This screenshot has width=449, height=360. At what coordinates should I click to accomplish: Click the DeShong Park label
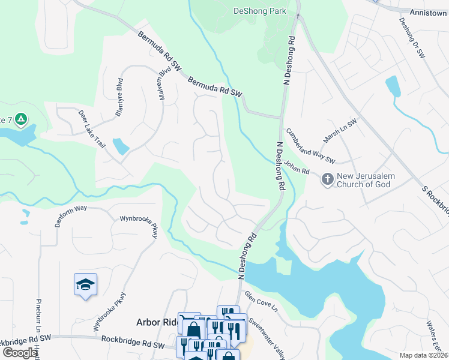click(260, 11)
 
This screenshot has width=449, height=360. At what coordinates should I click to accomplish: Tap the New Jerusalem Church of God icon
click(327, 178)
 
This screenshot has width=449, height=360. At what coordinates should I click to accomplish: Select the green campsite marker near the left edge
click(21, 119)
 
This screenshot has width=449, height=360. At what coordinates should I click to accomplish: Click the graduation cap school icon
click(85, 283)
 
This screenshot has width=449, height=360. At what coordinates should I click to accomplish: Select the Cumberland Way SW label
click(310, 146)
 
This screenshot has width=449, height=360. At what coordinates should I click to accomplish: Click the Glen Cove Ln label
click(261, 301)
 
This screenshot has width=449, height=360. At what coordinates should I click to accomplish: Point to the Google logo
click(19, 353)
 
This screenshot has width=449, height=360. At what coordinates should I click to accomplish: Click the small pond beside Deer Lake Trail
click(121, 146)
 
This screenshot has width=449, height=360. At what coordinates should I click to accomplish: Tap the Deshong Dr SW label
click(412, 38)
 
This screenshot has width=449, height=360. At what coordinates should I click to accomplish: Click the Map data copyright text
click(423, 355)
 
